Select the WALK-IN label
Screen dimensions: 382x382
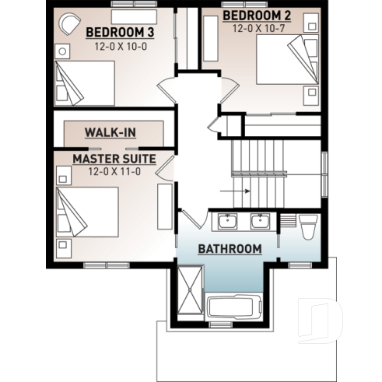110,131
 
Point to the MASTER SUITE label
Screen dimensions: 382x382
114,159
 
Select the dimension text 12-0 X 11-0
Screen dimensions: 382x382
114,171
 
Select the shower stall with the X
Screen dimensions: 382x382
188,289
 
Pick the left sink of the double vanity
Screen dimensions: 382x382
227,222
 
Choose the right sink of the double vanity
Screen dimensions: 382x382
260,222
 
